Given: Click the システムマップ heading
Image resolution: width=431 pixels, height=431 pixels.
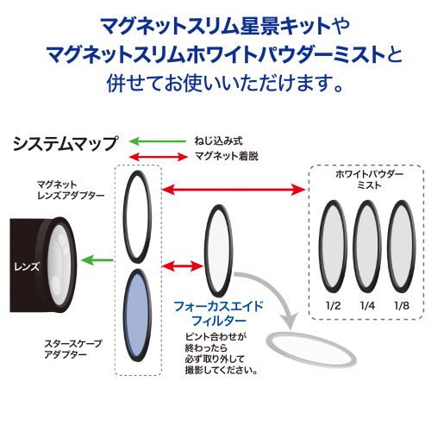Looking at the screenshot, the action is pyautogui.click(x=66, y=143).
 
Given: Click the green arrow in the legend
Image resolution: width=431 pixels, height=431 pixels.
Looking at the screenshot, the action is pyautogui.click(x=158, y=141).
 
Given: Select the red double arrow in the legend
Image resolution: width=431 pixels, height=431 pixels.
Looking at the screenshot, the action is pyautogui.click(x=159, y=157).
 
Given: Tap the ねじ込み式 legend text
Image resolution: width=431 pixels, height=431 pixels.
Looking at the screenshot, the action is pyautogui.click(x=218, y=141).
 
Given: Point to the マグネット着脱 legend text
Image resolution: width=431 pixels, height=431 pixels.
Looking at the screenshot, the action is pyautogui.click(x=227, y=156).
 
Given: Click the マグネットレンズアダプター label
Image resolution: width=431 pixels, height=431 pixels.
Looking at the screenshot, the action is pyautogui.click(x=71, y=190).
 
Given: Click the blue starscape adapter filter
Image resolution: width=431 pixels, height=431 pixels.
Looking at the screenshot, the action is pyautogui.click(x=137, y=315).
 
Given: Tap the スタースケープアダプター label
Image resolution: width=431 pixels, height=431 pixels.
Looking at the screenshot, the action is pyautogui.click(x=73, y=349).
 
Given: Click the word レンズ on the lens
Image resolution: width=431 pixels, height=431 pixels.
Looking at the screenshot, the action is pyautogui.click(x=27, y=267).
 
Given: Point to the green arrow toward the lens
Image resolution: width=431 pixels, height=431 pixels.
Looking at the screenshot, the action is pyautogui.click(x=97, y=260).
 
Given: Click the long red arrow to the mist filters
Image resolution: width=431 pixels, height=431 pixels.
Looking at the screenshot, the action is pyautogui.click(x=234, y=189).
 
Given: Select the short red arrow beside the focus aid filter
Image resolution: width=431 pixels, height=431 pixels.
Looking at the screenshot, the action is pyautogui.click(x=183, y=265).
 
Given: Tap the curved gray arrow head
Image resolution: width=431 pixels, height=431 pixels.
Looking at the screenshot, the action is pyautogui.click(x=289, y=321).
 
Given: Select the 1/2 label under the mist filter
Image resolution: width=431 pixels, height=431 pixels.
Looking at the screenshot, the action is pyautogui.click(x=334, y=306).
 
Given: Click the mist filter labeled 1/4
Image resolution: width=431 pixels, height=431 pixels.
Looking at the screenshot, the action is pyautogui.click(x=367, y=247).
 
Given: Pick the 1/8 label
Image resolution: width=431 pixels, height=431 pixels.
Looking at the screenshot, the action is pyautogui.click(x=402, y=306).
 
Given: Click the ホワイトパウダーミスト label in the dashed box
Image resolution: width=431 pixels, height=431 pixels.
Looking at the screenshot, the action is pyautogui.click(x=369, y=179).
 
